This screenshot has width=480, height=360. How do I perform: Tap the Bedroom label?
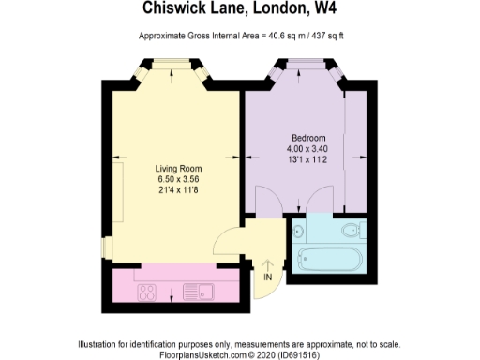coord(302,138)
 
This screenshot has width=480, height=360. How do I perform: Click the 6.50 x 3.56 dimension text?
coord(178,178)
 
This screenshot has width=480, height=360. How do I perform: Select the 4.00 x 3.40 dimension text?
coord(302,148)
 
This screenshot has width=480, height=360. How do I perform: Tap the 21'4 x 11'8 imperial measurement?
coord(178,188)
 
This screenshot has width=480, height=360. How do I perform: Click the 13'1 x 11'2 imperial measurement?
coord(302,158)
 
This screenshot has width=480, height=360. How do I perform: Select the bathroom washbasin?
coord(299,230)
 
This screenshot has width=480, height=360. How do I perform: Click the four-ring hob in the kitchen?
coord(147,292)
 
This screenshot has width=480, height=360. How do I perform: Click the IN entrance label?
coord(268,277)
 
